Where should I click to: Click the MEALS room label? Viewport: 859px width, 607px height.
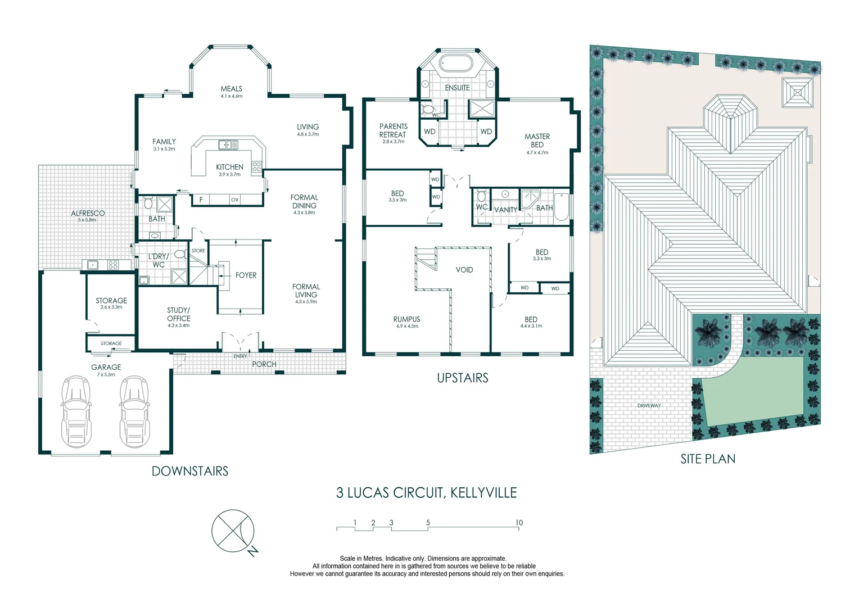click(x=231, y=89)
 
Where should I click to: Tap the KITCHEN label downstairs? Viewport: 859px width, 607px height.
click(x=229, y=167)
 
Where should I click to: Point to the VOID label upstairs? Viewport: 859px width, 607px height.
click(x=464, y=270)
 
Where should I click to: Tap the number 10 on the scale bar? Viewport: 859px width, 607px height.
click(x=519, y=523)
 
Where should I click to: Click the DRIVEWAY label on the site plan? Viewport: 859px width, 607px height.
click(x=649, y=405)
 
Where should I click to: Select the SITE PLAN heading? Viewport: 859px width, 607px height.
click(x=708, y=459)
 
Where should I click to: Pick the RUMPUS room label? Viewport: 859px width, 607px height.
click(x=406, y=319)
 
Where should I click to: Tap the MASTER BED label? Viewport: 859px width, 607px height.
click(x=537, y=141)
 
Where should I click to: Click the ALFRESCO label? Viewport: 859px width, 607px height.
click(x=88, y=213)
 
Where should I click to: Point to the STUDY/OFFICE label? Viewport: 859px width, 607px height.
click(x=179, y=314)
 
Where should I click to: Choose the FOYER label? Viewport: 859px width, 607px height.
click(x=246, y=275)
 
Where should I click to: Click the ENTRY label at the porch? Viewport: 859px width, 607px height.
click(x=240, y=356)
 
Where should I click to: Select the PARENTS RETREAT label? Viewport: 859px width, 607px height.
click(x=393, y=130)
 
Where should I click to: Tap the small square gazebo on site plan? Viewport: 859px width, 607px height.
click(x=797, y=92)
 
